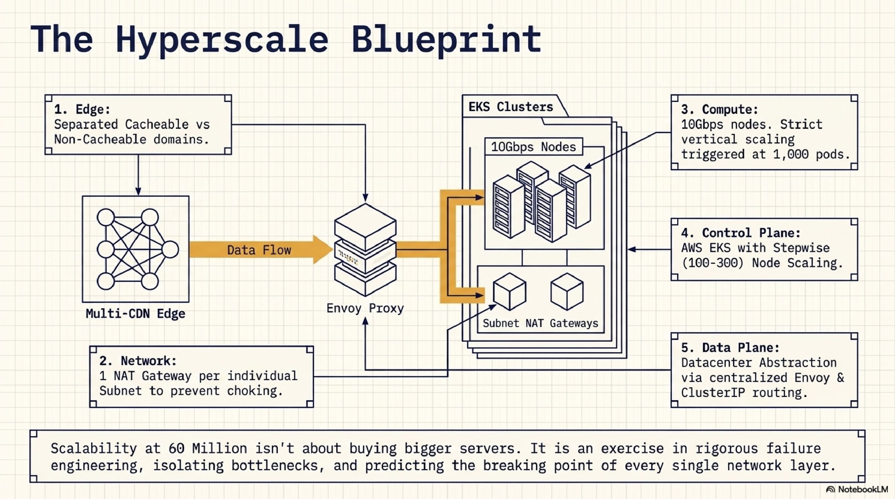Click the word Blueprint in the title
[x=446, y=39]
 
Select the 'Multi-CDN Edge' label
[x=135, y=314]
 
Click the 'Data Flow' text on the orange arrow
[x=259, y=250]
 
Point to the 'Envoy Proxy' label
[x=365, y=308]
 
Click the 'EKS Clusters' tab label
[x=511, y=107]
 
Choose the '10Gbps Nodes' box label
[x=533, y=147]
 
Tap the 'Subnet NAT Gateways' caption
[x=540, y=323]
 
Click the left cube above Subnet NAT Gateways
[x=509, y=292]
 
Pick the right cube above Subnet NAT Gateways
[x=567, y=292]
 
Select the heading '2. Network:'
[x=138, y=361]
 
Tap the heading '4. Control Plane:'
[x=741, y=232]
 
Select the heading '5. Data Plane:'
[x=730, y=347]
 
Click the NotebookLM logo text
[x=863, y=489]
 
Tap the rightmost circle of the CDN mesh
[x=170, y=249]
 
